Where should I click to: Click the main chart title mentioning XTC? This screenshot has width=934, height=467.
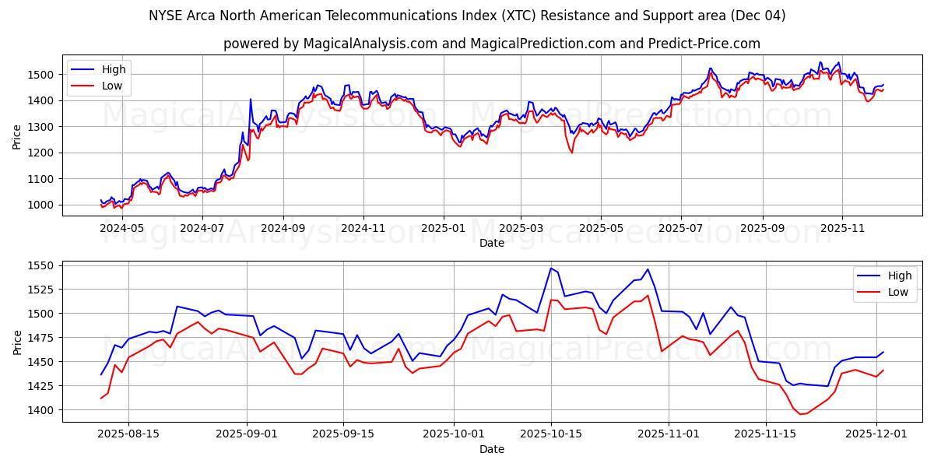[x=467, y=16]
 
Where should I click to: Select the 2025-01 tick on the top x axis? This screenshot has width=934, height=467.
[x=443, y=229]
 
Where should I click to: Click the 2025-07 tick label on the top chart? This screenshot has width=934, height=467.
[x=680, y=229]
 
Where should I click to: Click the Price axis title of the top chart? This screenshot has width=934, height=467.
[x=17, y=136]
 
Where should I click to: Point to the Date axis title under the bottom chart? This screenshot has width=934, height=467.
[x=492, y=449]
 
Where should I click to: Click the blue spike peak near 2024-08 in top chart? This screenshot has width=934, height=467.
[x=251, y=99]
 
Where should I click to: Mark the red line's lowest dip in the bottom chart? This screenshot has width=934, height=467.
[x=800, y=414]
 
